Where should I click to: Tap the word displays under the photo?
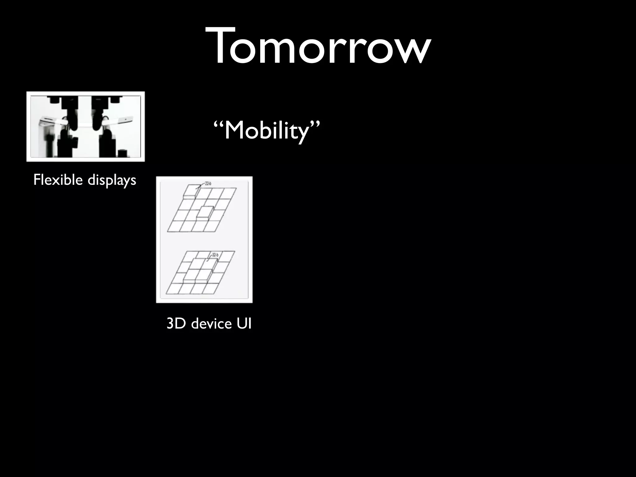[x=112, y=180]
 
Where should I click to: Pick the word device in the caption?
[x=211, y=324]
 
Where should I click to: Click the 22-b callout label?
[x=207, y=184]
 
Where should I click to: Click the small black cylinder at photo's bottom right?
[x=123, y=154]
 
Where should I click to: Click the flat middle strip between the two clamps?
[x=85, y=126]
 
